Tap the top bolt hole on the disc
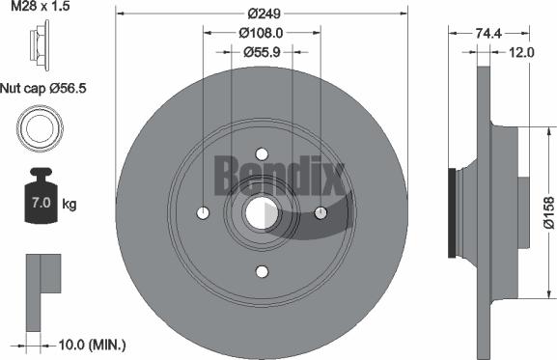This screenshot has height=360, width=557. [262, 153]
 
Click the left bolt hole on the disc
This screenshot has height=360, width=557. [202, 213]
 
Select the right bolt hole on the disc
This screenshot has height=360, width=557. [321, 213]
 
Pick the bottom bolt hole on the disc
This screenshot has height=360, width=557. [262, 273]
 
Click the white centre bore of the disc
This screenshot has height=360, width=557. [262, 213]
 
